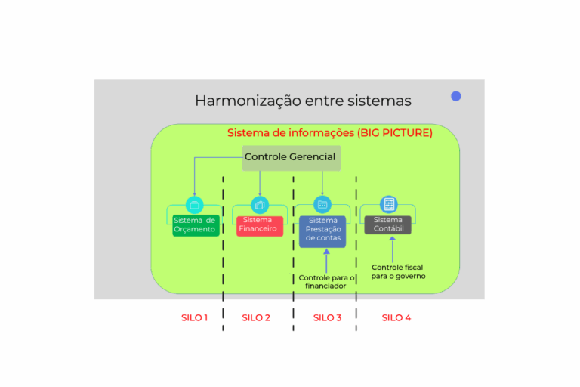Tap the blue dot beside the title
coord(456,96)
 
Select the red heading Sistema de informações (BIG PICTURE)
coord(330,133)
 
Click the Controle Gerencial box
coord(291,157)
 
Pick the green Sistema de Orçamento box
coord(196,224)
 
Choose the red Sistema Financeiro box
coord(259,224)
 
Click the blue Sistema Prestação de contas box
coord(322,230)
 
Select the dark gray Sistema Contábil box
coord(388,224)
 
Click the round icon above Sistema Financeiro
coord(260,204)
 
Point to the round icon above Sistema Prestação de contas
coord(322,204)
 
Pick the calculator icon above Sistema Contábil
coord(389,204)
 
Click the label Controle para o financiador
coord(327,282)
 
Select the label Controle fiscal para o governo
coord(397,271)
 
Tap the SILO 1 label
coord(194,317)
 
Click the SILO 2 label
coord(256,317)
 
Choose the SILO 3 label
coord(327,317)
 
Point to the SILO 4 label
coord(396,317)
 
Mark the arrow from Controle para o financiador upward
coord(326,261)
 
